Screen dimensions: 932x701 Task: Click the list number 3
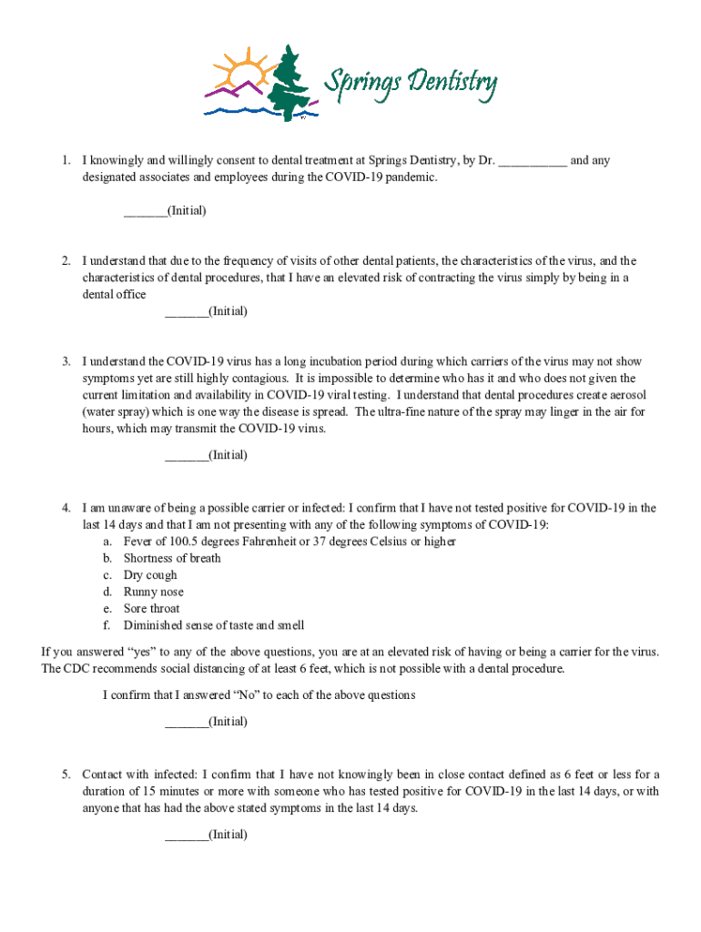66,361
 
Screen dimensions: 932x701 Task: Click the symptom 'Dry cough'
150,575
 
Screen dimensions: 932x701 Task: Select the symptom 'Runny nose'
153,592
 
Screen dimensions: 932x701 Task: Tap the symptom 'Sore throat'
151,608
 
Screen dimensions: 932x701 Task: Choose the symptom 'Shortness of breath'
172,558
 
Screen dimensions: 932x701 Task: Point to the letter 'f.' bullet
107,625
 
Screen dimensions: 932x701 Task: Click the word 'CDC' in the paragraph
77,669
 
